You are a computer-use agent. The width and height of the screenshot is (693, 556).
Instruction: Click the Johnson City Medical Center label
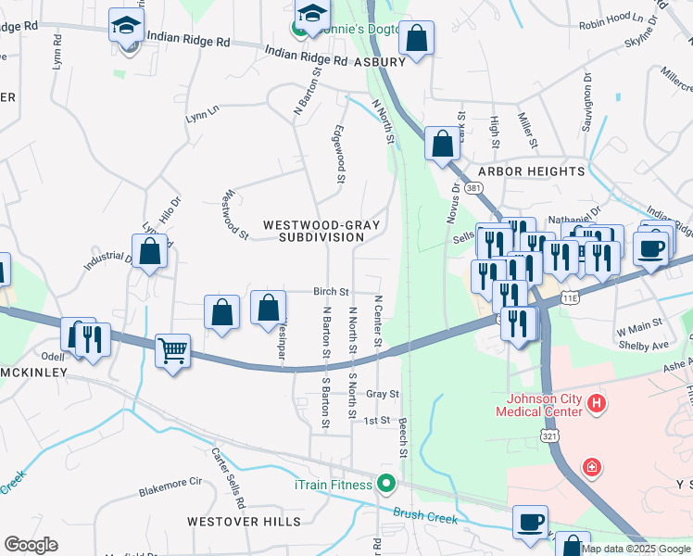pos(546,406)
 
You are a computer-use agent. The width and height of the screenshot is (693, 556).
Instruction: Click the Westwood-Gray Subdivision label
pos(322,231)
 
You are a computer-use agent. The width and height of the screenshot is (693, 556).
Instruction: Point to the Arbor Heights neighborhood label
pos(532,171)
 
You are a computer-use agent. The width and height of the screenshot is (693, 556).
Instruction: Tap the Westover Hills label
pos(232,522)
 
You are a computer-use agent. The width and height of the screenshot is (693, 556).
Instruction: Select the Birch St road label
pos(331,291)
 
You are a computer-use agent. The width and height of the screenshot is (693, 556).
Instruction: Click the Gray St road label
pos(383,394)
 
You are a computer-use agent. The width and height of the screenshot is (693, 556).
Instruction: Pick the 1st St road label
pos(377,420)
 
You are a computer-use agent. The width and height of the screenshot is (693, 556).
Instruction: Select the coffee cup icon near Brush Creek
pos(531,521)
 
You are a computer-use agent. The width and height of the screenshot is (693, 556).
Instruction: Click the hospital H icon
pos(597,403)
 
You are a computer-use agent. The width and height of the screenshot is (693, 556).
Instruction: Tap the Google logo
pos(31,544)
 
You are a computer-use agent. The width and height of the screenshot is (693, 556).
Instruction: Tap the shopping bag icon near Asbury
pos(418,39)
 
